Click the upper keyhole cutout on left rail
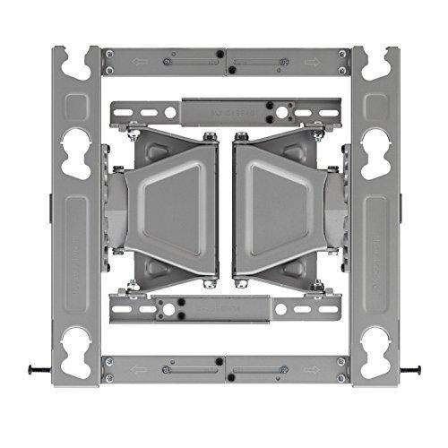point(76,142)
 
